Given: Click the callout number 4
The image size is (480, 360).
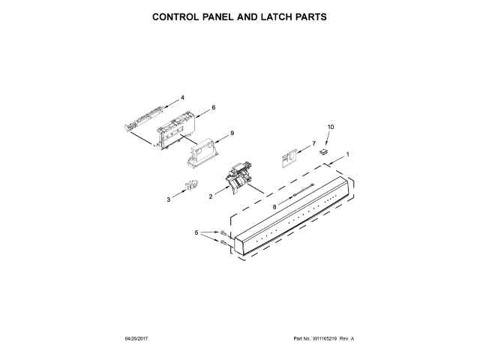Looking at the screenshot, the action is (x=181, y=97).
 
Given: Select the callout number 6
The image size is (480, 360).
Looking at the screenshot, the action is (x=213, y=108).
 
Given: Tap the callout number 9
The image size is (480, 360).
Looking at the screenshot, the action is (x=232, y=133).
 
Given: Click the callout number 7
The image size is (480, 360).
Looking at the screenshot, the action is (x=313, y=143).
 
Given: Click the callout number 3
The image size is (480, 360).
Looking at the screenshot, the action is (x=169, y=200).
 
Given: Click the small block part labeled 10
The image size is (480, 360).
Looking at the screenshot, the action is (x=325, y=151).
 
